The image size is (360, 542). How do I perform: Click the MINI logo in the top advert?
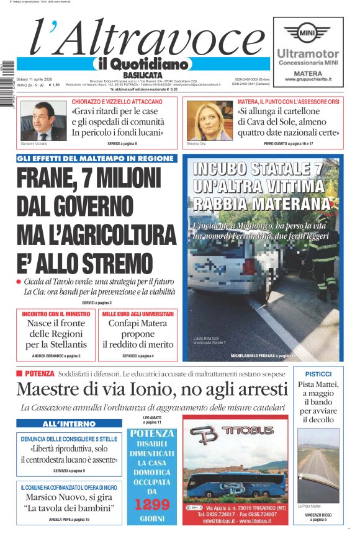coord(308,32)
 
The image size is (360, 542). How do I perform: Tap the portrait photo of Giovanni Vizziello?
coord(43,121)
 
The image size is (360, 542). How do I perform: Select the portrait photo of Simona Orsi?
coord(209,121)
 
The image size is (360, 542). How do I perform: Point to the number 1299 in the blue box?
coord(152,505)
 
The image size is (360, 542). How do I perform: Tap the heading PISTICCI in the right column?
coord(318,374)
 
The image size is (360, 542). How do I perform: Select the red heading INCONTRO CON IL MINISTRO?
coord(55,314)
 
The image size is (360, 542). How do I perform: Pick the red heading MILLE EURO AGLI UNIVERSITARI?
coord(138,314)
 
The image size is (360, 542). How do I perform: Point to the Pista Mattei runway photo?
coord(318,464)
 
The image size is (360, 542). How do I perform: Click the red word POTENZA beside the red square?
coord(40,373)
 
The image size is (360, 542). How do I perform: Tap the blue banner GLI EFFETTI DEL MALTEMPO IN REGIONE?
coord(96,159)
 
